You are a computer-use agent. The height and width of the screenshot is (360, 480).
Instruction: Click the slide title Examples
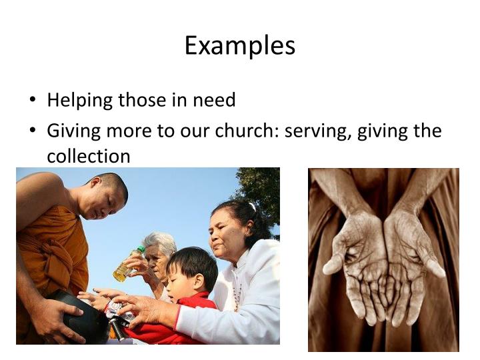239,45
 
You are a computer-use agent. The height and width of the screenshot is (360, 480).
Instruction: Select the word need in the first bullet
214,101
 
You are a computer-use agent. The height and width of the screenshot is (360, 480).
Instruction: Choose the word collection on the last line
88,157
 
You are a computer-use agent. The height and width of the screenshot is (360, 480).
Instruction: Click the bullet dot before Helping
33,101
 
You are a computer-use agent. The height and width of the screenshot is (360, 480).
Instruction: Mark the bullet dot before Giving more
33,131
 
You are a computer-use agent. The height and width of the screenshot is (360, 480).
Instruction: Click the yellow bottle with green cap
127,265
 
